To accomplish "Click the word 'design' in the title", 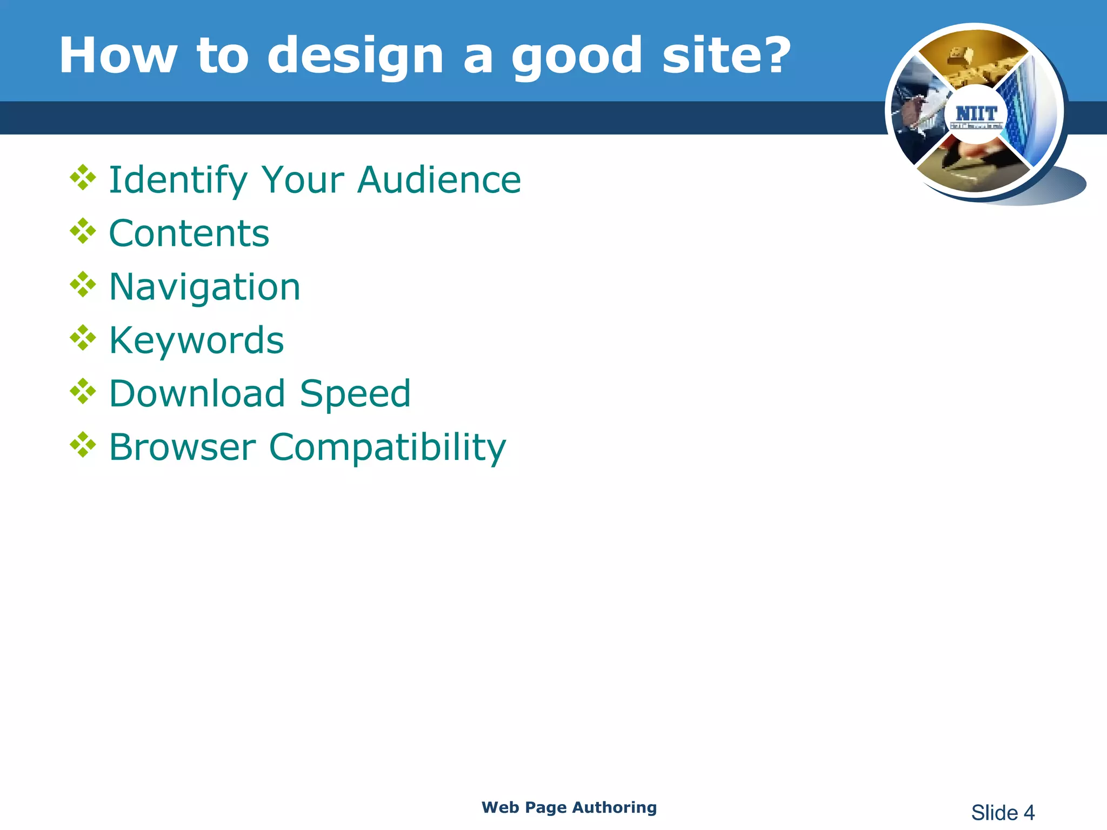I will click(x=355, y=56).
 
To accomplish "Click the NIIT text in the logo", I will click(x=976, y=113).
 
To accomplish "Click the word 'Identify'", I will click(x=178, y=180).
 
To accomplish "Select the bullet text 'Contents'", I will click(x=189, y=233).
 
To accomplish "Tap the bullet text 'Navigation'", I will click(x=204, y=287).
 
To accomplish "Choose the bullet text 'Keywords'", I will click(x=196, y=340).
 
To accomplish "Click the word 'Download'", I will click(x=197, y=393).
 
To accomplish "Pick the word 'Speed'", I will click(x=355, y=394).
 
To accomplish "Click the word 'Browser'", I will click(x=182, y=447).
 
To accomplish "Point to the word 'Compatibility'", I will click(x=387, y=448).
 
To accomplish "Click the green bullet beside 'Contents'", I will click(x=83, y=231).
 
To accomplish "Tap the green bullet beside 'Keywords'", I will click(x=83, y=338).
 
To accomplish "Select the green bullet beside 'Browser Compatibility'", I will click(x=83, y=444).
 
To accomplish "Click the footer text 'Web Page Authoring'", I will click(x=569, y=807).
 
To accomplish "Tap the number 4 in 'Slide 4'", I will click(x=1029, y=813).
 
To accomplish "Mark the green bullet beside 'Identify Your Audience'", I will click(x=83, y=177).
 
